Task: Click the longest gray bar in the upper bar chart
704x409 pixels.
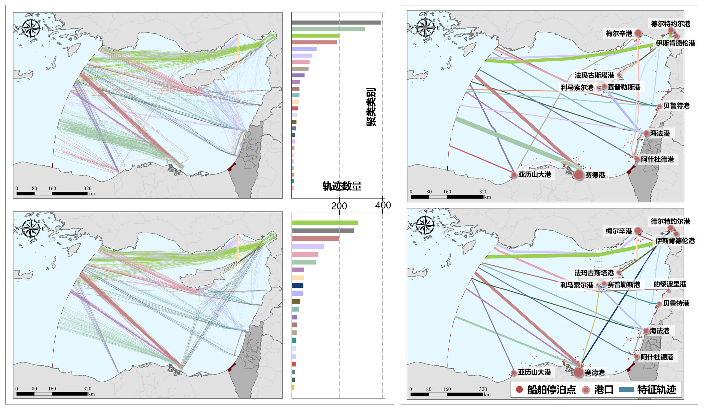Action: (336, 22)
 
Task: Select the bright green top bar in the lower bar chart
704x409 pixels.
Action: (325, 223)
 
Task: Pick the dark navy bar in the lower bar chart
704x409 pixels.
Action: (297, 286)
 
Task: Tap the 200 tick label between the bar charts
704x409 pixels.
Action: (339, 206)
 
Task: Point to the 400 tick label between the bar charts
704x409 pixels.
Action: (383, 205)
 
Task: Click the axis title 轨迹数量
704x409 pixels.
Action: (342, 186)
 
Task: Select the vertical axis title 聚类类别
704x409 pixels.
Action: (371, 107)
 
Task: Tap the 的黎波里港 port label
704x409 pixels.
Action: (670, 284)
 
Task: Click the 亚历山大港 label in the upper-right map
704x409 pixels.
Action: (535, 175)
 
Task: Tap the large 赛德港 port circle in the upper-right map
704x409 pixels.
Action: (579, 175)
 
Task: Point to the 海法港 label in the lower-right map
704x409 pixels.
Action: (659, 331)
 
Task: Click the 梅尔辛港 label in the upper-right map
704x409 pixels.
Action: (619, 33)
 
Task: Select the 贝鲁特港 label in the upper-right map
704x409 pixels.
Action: (676, 106)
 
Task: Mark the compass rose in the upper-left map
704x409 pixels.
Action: (31, 28)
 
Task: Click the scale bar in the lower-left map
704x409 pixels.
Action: (52, 393)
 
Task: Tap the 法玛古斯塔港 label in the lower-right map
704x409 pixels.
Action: (594, 273)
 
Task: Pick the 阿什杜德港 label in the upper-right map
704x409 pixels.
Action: (657, 159)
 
